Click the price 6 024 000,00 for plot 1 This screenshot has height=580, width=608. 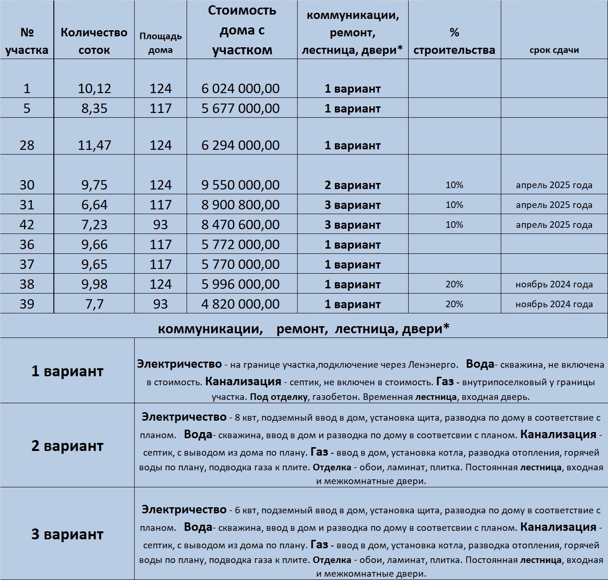coord(240,88)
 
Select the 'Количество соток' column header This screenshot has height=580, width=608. coord(94,41)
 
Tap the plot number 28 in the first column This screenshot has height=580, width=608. coord(27,145)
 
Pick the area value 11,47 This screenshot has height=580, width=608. coord(94,145)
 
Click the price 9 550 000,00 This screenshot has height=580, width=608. coord(240,185)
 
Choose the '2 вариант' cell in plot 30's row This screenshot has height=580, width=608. coord(352,185)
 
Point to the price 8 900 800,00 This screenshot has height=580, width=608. coord(240,205)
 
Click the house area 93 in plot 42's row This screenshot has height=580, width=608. coord(161,225)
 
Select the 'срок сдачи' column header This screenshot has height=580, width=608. coord(554,50)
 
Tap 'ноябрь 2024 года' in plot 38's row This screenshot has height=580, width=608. coord(554,285)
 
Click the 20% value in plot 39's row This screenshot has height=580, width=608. coord(454,304)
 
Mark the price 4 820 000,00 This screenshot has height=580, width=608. coord(240,304)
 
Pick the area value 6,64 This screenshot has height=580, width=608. coord(94,205)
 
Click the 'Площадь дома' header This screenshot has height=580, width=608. coord(161,43)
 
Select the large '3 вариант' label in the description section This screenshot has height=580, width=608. coord(67,534)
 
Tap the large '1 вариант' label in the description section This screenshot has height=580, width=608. coord(67,371)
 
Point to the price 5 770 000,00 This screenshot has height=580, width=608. coord(240,264)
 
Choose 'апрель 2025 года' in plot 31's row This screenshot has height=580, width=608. coord(554,205)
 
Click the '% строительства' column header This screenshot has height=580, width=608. coord(454,41)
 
